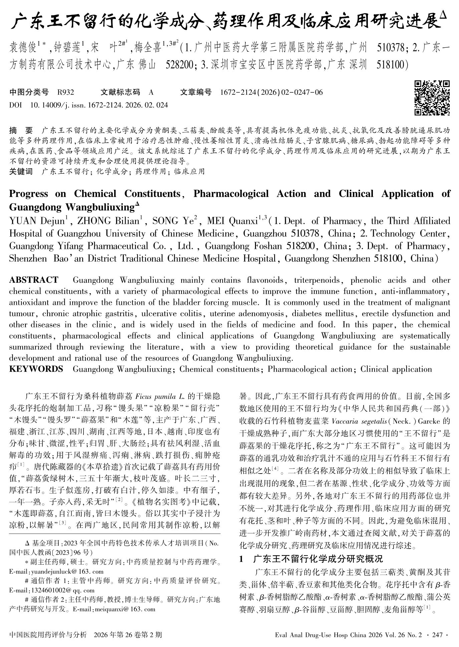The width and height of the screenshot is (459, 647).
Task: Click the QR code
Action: point(432,98)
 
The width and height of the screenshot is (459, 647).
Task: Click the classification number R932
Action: point(65,92)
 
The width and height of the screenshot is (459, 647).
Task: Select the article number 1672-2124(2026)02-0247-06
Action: point(271,92)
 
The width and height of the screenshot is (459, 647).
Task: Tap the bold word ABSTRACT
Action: point(34,280)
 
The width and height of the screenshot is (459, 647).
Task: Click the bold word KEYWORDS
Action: point(36,369)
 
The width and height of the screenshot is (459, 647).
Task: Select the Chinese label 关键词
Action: point(21,172)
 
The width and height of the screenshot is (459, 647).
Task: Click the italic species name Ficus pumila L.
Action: point(160,397)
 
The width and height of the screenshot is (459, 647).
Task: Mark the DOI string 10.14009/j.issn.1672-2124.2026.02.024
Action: point(99,105)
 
